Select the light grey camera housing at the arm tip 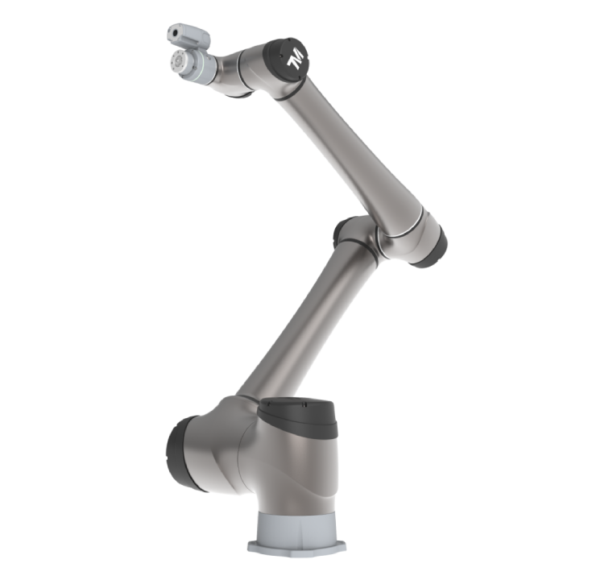pos(189,35)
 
